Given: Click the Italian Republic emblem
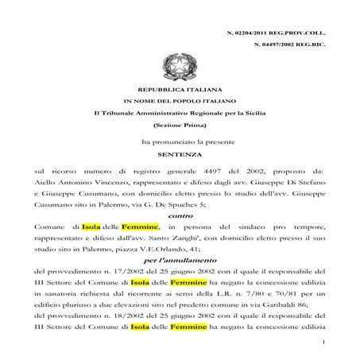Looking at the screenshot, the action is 174,64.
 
